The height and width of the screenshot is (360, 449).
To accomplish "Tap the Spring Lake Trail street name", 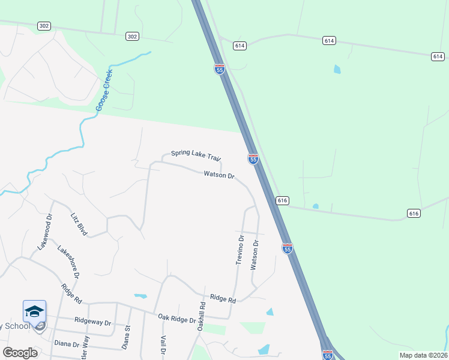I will tap(196, 155).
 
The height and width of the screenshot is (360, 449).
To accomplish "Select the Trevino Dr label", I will tap(240, 250).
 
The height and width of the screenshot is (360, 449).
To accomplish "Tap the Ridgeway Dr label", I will tap(92, 322).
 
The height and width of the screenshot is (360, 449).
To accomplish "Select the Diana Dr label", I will tap(67, 344).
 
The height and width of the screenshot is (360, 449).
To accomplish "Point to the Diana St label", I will tap(127, 337).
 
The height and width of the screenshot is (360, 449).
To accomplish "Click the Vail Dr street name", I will tap(163, 344).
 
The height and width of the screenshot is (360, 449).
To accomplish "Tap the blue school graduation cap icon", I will tap(34, 311).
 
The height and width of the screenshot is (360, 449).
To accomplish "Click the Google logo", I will tap(20, 352).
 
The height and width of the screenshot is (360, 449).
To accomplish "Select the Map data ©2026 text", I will tap(423, 355).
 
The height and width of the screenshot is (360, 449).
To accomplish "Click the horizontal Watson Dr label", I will tap(218, 175).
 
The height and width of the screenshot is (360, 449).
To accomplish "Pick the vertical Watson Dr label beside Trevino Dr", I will tap(255, 254).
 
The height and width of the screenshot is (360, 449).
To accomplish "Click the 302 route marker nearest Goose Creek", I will tap(133, 37).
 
